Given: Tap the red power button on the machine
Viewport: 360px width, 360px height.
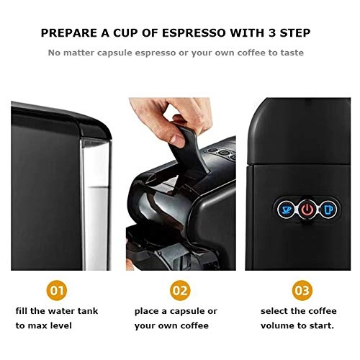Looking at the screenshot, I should [307, 210].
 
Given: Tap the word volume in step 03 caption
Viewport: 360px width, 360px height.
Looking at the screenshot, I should [276, 325].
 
